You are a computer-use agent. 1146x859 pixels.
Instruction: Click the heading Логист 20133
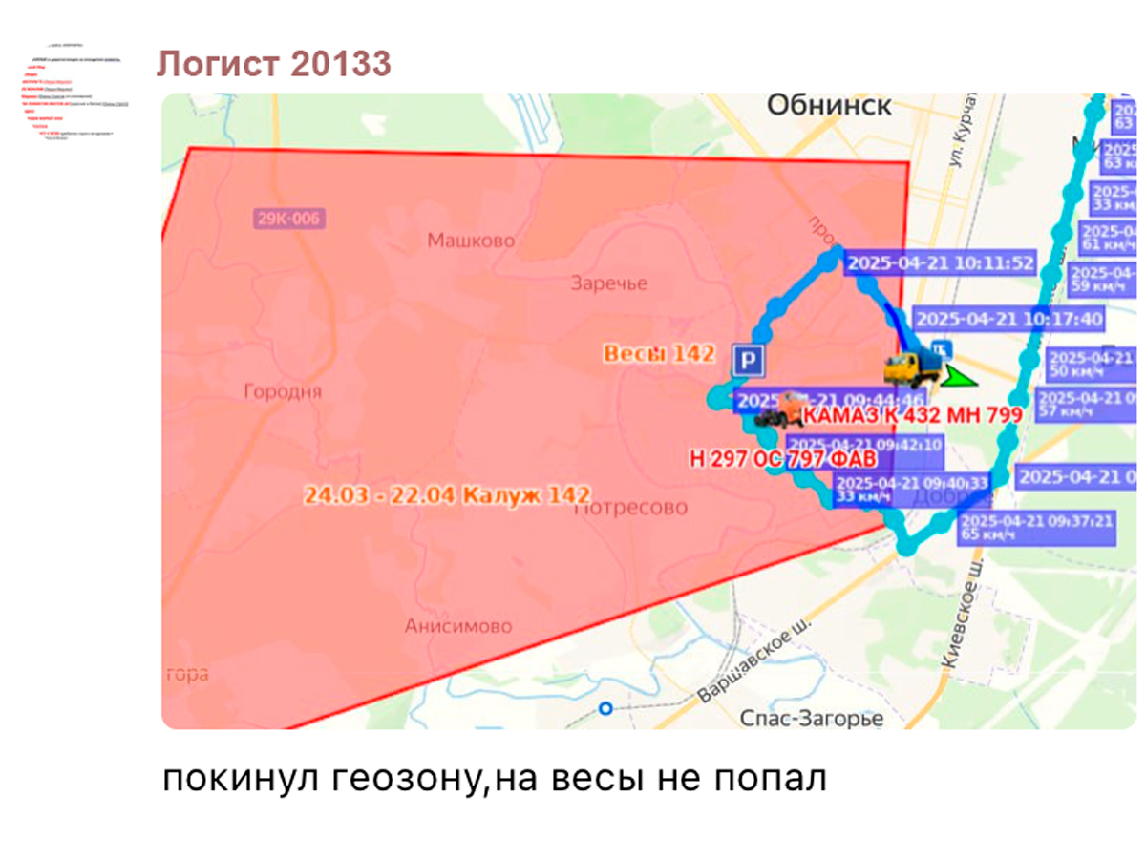click(274, 65)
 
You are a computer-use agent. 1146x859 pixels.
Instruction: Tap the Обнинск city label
click(829, 105)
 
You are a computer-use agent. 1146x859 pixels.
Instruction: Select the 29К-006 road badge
click(288, 219)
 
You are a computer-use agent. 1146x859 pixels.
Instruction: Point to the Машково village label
click(471, 241)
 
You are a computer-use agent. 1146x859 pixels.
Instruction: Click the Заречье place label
click(608, 283)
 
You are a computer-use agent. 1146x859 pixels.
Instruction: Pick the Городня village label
click(283, 391)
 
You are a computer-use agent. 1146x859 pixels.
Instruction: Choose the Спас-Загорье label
click(812, 718)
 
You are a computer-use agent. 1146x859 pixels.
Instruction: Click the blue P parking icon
click(748, 361)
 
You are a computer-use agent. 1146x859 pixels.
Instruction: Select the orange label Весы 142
click(659, 354)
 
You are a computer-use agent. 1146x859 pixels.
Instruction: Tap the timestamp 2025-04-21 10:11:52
click(941, 263)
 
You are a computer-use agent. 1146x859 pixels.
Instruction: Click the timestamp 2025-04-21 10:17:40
click(1008, 319)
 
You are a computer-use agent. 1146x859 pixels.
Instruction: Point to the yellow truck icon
click(912, 369)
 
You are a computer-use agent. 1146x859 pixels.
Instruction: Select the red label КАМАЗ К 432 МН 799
click(912, 415)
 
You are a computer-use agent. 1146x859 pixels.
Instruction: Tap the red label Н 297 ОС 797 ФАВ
click(782, 459)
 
